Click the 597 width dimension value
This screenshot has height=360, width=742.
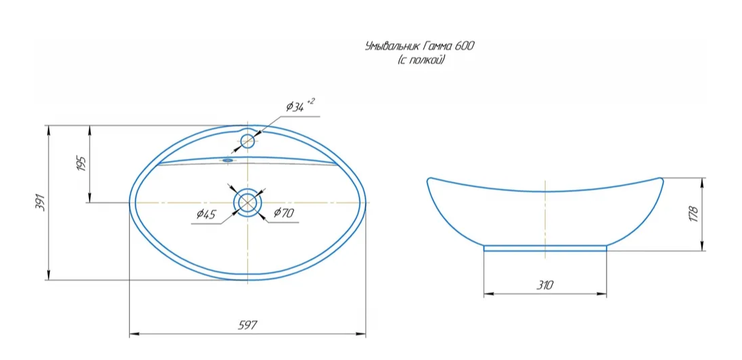[248, 325]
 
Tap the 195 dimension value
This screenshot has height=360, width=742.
[81, 164]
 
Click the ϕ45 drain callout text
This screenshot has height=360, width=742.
[206, 214]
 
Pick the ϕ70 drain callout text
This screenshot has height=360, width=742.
[283, 213]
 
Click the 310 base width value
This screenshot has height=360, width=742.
[545, 285]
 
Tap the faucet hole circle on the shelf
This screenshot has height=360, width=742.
[248, 141]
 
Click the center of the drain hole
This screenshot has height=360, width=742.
[247, 202]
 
